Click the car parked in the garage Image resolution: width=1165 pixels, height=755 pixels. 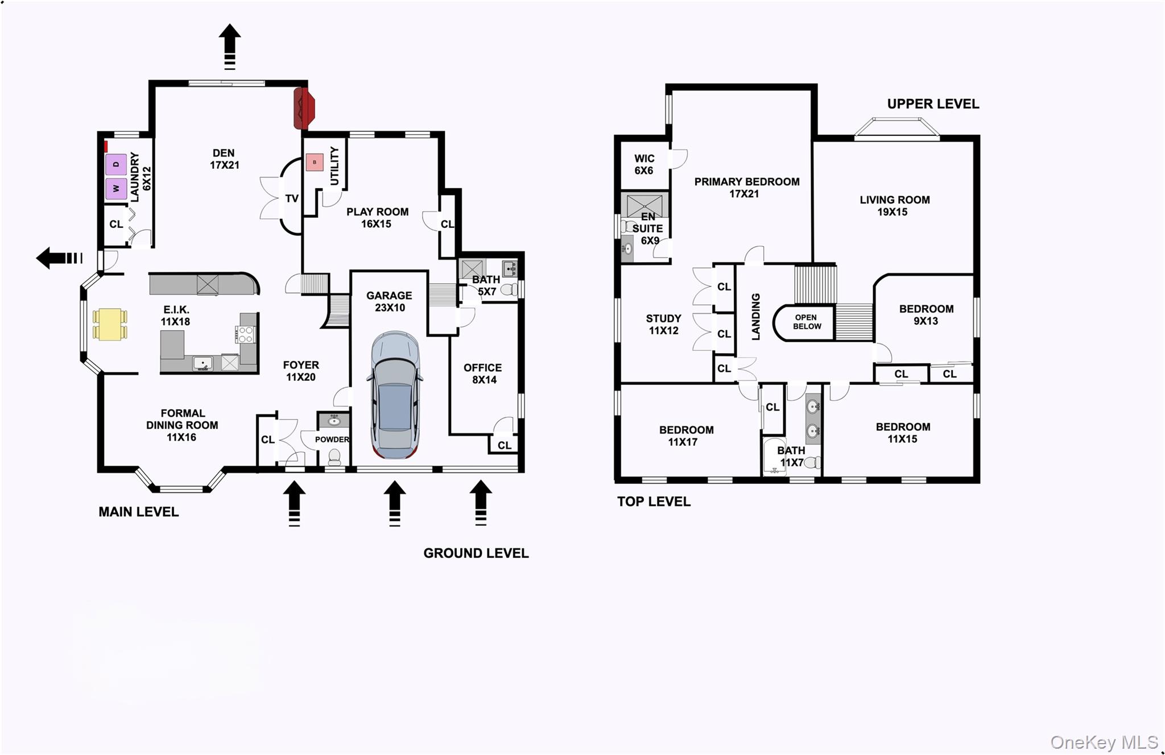coord(395,395)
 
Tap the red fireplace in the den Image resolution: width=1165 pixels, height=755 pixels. coord(304,108)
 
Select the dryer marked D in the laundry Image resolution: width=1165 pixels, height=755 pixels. coord(116,165)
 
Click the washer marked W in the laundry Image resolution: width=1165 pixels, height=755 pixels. coord(116,188)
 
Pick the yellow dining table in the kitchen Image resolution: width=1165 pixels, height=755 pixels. coord(110,324)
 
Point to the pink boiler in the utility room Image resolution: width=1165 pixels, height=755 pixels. coord(315,162)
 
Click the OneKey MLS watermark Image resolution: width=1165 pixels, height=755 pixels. coord(1104,742)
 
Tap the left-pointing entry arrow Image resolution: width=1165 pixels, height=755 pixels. coord(59,258)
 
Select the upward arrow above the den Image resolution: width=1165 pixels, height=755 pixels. coord(230,47)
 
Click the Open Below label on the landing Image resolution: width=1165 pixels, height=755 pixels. coord(807,322)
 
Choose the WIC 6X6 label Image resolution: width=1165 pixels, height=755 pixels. coord(644,164)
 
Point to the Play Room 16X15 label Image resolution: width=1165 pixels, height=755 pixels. coord(377,218)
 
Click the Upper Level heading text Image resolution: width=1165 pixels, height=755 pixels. coord(933,104)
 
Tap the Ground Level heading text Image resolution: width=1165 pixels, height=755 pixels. coord(476,553)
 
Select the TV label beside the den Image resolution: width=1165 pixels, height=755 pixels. coord(292,198)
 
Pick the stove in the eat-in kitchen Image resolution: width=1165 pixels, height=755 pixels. coord(246,334)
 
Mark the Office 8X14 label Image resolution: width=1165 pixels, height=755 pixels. coord(483,374)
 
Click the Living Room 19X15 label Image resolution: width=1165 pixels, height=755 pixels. coord(894,206)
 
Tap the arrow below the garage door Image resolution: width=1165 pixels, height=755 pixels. coord(395,504)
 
